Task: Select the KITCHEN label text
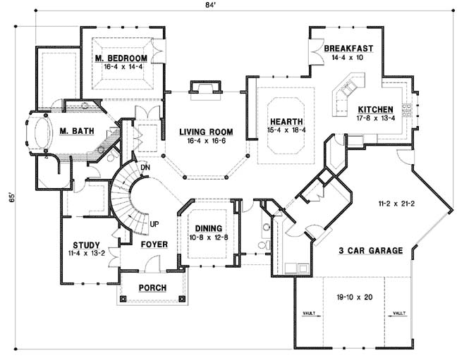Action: tap(375, 110)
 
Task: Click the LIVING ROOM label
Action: tap(206, 132)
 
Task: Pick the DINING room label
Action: tap(209, 228)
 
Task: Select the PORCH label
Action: tap(152, 287)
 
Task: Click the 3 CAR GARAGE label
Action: tap(371, 250)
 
